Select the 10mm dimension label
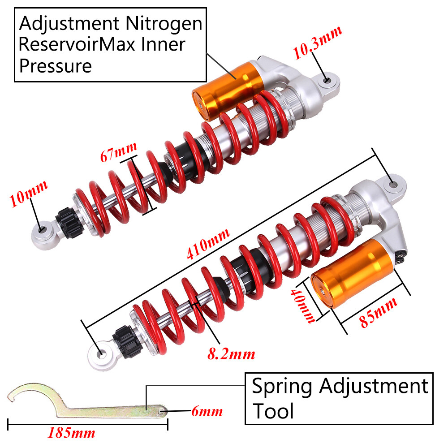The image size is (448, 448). pyautogui.click(x=28, y=194)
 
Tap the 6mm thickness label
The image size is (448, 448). pyautogui.click(x=207, y=410)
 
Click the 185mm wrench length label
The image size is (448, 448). pyautogui.click(x=71, y=433)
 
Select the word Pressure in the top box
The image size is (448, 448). pyautogui.click(x=56, y=66)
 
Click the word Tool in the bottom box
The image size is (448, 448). pyautogui.click(x=273, y=411)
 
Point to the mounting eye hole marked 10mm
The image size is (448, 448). pyautogui.click(x=43, y=229)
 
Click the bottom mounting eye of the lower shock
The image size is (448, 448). pyautogui.click(x=101, y=353)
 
